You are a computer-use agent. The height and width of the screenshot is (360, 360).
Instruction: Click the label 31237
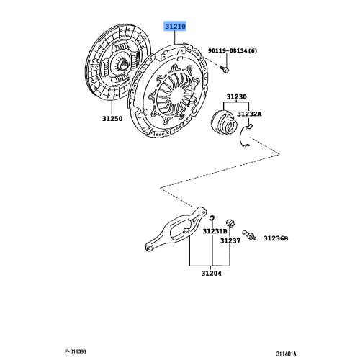click(230, 240)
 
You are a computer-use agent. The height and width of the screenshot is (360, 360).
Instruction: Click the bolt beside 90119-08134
click(224, 69)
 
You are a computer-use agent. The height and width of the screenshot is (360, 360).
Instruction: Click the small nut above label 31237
click(231, 220)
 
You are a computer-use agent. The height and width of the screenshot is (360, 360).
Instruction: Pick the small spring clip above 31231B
click(214, 218)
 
